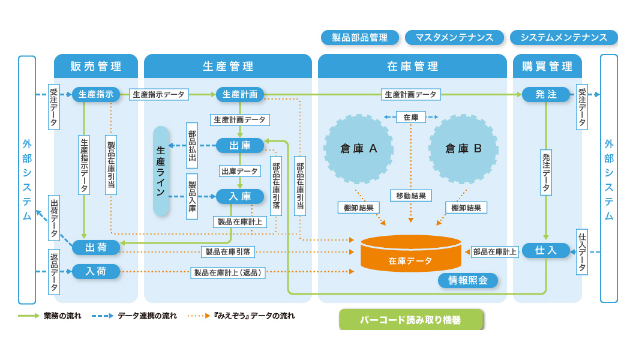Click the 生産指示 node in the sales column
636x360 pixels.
coord(96,94)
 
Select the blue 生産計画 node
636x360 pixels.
coord(240,94)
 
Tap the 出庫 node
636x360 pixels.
coord(240,145)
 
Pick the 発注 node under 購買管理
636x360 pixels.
coord(545,94)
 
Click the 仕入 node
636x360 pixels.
coord(545,251)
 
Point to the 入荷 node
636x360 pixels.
coord(96,271)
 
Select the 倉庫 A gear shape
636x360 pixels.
coord(359,149)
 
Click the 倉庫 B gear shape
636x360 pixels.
coord(463,149)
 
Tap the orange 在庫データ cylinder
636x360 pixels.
coord(411,253)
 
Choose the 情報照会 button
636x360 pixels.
coord(467,280)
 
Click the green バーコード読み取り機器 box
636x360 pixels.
coord(411,320)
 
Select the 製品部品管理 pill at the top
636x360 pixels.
coord(360,38)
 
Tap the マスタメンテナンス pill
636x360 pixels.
coord(454,38)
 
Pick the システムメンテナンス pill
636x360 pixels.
coord(564,38)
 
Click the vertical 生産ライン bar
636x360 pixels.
coord(161,171)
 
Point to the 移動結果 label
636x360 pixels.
coord(411,196)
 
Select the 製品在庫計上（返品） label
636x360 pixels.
coord(227,273)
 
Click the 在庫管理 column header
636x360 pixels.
coord(413,66)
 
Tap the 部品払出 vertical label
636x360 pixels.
coord(192,145)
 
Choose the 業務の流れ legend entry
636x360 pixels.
coord(49,316)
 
